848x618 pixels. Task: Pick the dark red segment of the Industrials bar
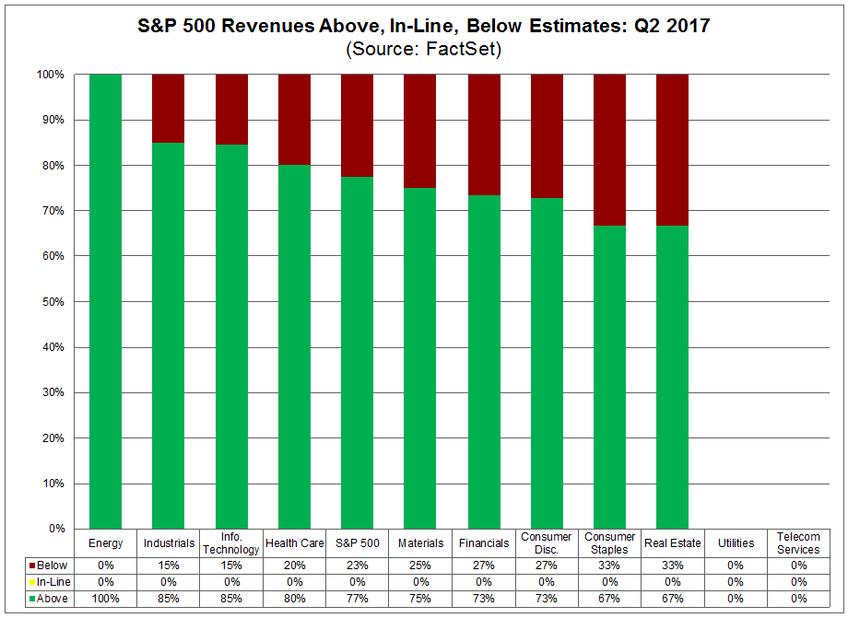pos(168,108)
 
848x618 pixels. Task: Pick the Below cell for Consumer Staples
pos(609,565)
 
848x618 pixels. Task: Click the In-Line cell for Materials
pos(420,582)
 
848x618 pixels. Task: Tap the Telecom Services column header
pos(797,543)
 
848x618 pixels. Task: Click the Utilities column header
pos(735,543)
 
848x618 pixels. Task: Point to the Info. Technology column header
pos(231,543)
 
